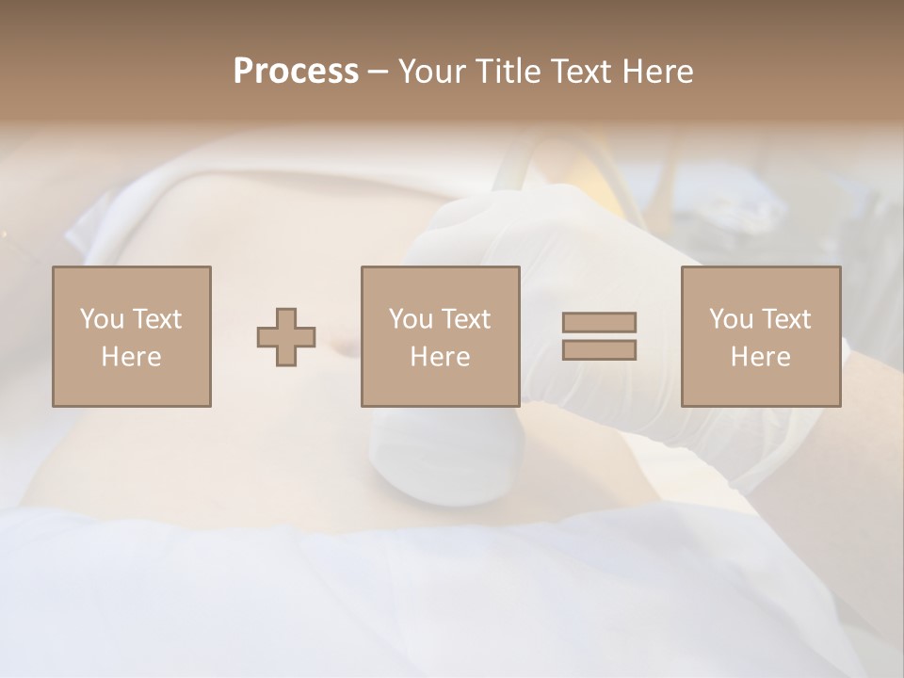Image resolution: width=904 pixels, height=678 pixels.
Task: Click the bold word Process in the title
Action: point(296,72)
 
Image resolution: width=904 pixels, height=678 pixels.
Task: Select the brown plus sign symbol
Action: point(286,337)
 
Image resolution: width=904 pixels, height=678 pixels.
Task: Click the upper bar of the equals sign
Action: point(599,322)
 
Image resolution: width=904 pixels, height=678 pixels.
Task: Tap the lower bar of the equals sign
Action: point(599,350)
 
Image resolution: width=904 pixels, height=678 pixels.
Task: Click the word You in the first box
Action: point(100,319)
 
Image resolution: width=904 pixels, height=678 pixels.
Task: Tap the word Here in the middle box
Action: point(441,357)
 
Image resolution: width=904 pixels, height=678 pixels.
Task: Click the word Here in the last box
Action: point(761,357)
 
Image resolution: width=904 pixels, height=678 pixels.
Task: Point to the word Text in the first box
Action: point(156,319)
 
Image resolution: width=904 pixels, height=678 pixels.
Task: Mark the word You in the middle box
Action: point(410,319)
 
